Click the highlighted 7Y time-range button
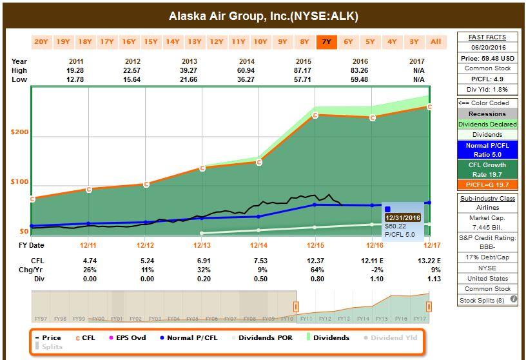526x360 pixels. tap(326, 42)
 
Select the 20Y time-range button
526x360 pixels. tap(41, 42)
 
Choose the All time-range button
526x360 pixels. tap(436, 42)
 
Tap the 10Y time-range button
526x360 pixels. tap(260, 42)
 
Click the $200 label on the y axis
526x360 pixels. tap(20, 132)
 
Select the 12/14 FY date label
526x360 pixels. tap(258, 246)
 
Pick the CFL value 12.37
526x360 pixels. tap(315, 261)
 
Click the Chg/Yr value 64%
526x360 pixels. tap(315, 270)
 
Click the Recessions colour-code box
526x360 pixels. tap(487, 114)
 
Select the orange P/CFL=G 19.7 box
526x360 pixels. tap(487, 185)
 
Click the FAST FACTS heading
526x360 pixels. tap(487, 37)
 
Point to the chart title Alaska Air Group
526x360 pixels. tap(263, 16)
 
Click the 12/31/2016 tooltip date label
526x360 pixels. tap(403, 218)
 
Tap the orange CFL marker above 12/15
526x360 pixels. tap(315, 115)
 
